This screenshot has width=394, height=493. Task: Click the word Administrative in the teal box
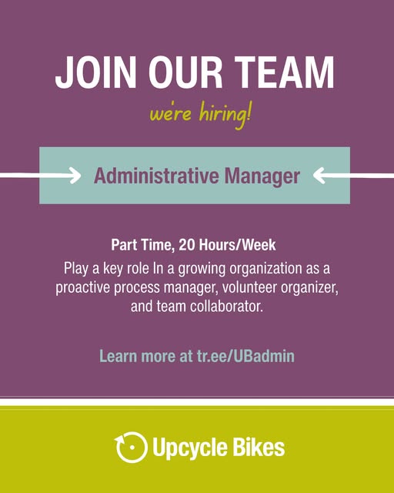(x=156, y=176)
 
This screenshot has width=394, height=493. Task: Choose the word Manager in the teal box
(x=262, y=176)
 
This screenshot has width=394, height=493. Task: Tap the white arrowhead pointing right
(x=75, y=176)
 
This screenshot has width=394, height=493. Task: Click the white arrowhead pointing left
(x=319, y=176)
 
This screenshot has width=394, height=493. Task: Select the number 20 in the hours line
(x=187, y=245)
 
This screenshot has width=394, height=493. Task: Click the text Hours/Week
(x=237, y=245)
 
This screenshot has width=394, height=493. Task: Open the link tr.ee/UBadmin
(x=245, y=356)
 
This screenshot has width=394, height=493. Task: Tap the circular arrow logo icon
(x=131, y=447)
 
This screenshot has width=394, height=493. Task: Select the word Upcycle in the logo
(x=190, y=448)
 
